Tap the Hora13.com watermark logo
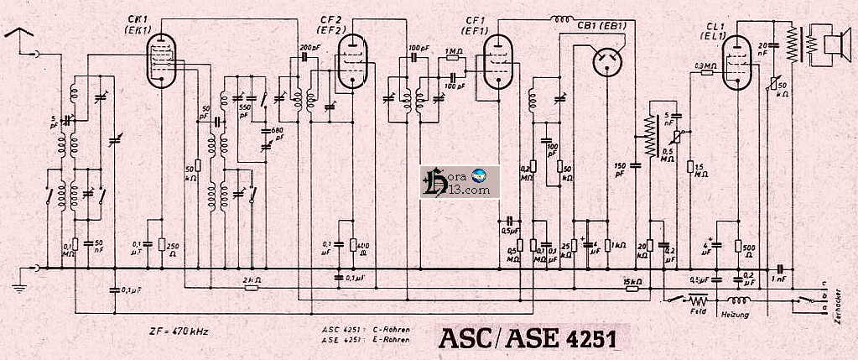pos(460,182)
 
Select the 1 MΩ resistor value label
pos(451,52)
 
